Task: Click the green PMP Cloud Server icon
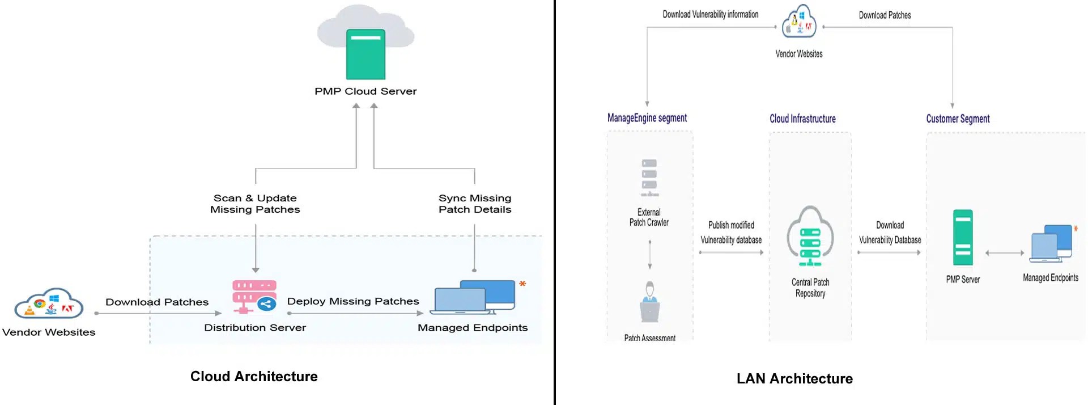click(365, 54)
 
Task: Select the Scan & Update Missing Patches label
click(255, 204)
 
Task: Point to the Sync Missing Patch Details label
click(475, 204)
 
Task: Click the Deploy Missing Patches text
click(353, 301)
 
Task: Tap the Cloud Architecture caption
click(254, 377)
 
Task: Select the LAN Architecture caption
click(794, 379)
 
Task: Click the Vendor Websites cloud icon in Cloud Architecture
click(49, 303)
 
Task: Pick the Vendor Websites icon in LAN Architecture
click(799, 23)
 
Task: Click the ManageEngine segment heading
click(647, 118)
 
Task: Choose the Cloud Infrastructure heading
click(802, 119)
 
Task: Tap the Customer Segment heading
click(958, 119)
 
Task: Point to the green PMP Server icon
click(963, 238)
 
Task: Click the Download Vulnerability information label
click(711, 15)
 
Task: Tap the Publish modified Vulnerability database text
click(731, 233)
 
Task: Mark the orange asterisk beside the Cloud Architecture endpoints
click(522, 284)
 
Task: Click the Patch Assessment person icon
click(649, 303)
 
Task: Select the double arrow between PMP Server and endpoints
click(1005, 253)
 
